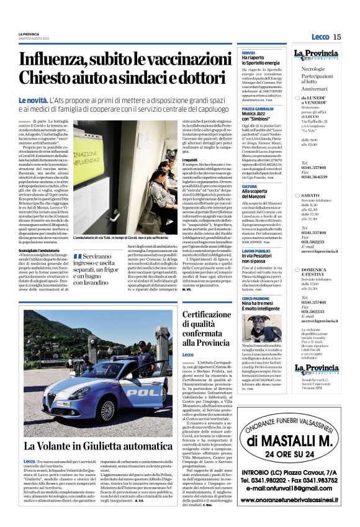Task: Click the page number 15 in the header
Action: pyautogui.click(x=338, y=37)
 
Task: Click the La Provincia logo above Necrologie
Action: pyautogui.click(x=317, y=54)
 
